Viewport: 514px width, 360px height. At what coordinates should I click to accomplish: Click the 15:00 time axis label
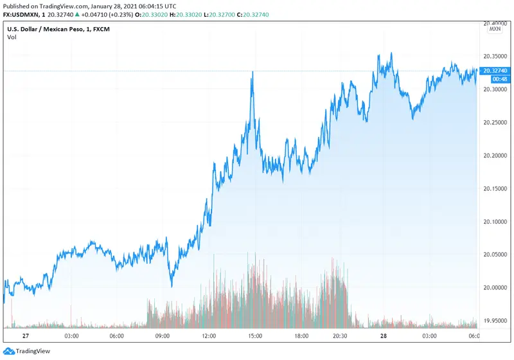pyautogui.click(x=254, y=336)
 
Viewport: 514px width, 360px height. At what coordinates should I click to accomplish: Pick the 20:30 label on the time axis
pyautogui.click(x=341, y=336)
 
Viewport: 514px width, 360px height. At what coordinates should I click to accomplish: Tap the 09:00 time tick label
pyautogui.click(x=163, y=336)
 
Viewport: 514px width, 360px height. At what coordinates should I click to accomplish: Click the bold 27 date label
pyautogui.click(x=26, y=336)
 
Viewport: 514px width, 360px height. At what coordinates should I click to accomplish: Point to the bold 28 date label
pyautogui.click(x=384, y=336)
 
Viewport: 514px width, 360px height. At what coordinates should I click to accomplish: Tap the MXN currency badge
pyautogui.click(x=495, y=29)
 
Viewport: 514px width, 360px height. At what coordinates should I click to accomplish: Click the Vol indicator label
pyautogui.click(x=12, y=37)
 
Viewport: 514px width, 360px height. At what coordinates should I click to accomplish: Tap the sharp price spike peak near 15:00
pyautogui.click(x=253, y=72)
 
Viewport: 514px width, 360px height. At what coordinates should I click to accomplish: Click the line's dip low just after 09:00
pyautogui.click(x=172, y=285)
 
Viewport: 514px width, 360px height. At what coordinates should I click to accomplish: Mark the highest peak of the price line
pyautogui.click(x=391, y=53)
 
